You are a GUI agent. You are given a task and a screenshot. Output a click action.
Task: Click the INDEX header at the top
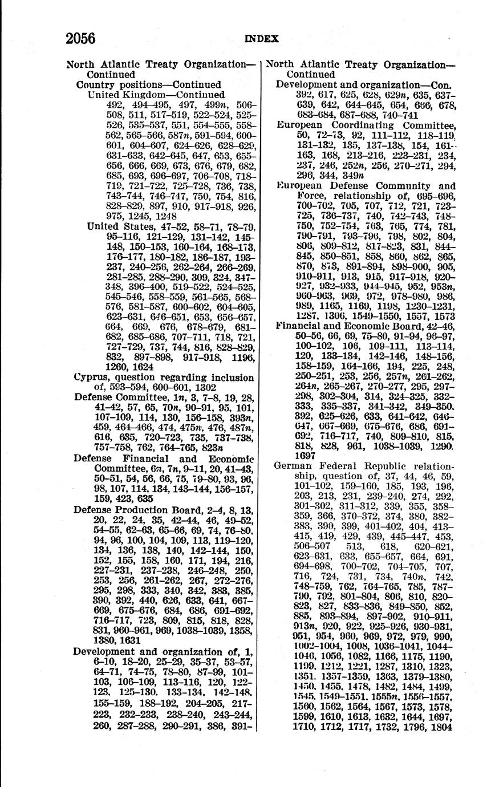[x=262, y=39]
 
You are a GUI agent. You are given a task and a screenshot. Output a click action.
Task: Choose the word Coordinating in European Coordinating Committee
[x=367, y=125]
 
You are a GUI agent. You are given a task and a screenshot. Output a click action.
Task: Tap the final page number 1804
[x=443, y=727]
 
